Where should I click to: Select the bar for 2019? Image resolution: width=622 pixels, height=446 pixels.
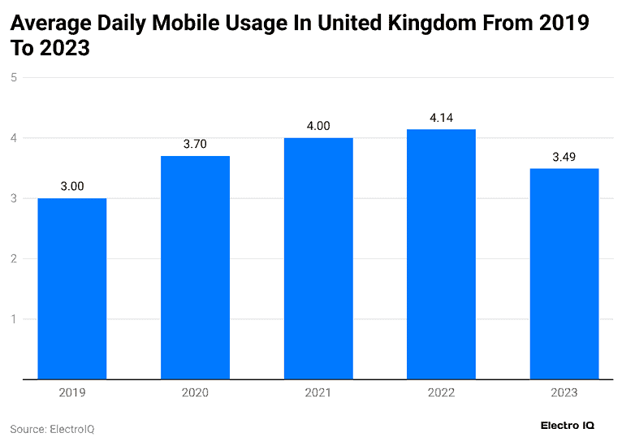72,288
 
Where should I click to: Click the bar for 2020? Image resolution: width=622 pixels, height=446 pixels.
195,267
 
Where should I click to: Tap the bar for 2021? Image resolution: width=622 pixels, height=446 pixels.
318,258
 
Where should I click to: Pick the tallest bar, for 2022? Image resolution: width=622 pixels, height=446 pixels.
441,253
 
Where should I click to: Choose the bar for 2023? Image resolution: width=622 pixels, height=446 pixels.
564,274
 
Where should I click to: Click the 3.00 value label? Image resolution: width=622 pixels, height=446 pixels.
72,186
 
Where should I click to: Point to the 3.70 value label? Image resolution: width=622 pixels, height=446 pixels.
195,144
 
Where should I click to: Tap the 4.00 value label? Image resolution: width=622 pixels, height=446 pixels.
318,126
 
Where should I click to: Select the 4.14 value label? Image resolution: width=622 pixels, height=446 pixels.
441,117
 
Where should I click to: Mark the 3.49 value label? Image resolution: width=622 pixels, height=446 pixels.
564,157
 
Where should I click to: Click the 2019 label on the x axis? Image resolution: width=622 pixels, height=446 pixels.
72,392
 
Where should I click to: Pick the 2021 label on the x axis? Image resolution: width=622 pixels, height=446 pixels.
318,392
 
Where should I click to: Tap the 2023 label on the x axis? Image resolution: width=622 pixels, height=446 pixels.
564,392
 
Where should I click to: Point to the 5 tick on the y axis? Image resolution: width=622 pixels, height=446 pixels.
14,77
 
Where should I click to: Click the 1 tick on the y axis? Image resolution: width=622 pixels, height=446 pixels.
14,319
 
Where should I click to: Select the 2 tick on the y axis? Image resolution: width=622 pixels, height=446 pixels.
14,258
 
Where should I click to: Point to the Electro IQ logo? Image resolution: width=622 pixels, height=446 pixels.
568,425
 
